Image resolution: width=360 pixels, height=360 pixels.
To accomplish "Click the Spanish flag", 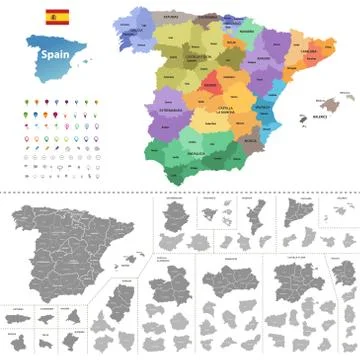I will pyautogui.click(x=56, y=18).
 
